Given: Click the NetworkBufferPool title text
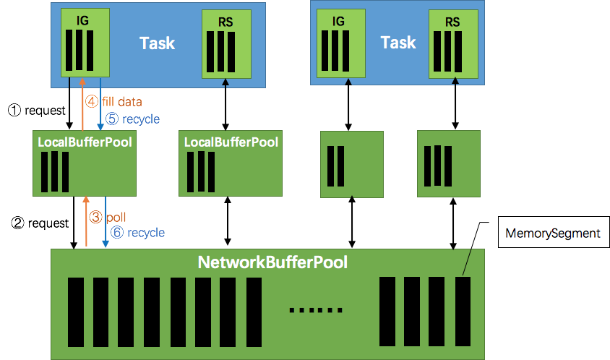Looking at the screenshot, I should (x=272, y=262).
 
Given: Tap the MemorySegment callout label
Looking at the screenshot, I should (x=553, y=233).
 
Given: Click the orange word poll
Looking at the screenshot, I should (x=116, y=217).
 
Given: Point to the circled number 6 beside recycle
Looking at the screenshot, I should (x=116, y=233).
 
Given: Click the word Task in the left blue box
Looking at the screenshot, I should (x=157, y=43).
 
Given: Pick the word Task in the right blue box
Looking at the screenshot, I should (x=398, y=43).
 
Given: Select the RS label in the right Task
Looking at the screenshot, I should (x=452, y=22).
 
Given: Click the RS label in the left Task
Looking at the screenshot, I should (x=226, y=22).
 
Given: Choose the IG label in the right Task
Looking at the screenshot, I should (x=337, y=22).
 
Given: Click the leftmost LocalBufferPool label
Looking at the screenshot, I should (x=85, y=142).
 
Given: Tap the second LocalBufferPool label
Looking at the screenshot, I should (x=231, y=142).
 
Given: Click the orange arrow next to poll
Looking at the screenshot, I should (x=86, y=221).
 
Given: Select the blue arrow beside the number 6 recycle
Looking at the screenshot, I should (x=106, y=221).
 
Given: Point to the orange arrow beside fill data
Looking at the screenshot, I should (x=83, y=101).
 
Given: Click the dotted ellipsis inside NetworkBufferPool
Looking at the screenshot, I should (x=316, y=309).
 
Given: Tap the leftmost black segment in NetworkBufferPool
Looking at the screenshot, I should (x=74, y=312).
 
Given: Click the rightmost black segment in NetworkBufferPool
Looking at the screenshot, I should (x=463, y=311).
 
